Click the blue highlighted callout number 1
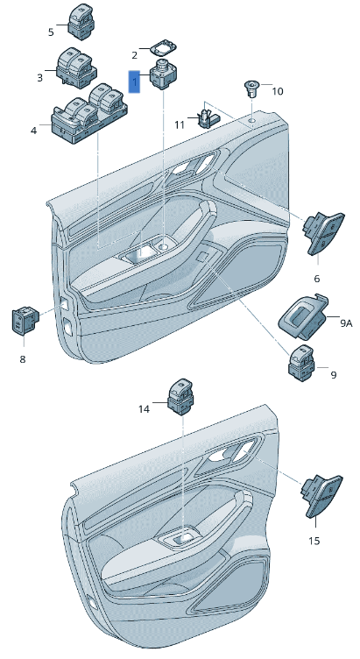click(134, 81)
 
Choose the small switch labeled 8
click(23, 322)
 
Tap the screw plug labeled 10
click(252, 89)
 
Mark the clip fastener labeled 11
click(208, 116)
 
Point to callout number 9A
click(345, 323)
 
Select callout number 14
click(145, 408)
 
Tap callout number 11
click(180, 125)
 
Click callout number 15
click(314, 541)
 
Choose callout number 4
click(33, 131)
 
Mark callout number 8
click(23, 359)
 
